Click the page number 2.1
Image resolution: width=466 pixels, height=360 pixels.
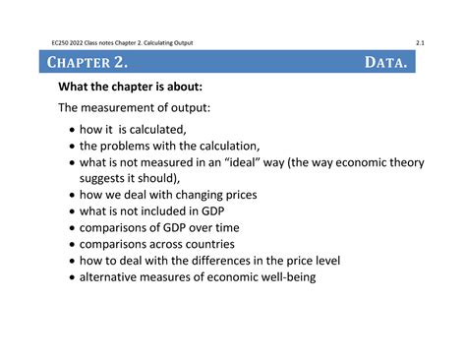click(420, 42)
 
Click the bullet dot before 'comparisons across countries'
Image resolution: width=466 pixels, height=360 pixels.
click(71, 245)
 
